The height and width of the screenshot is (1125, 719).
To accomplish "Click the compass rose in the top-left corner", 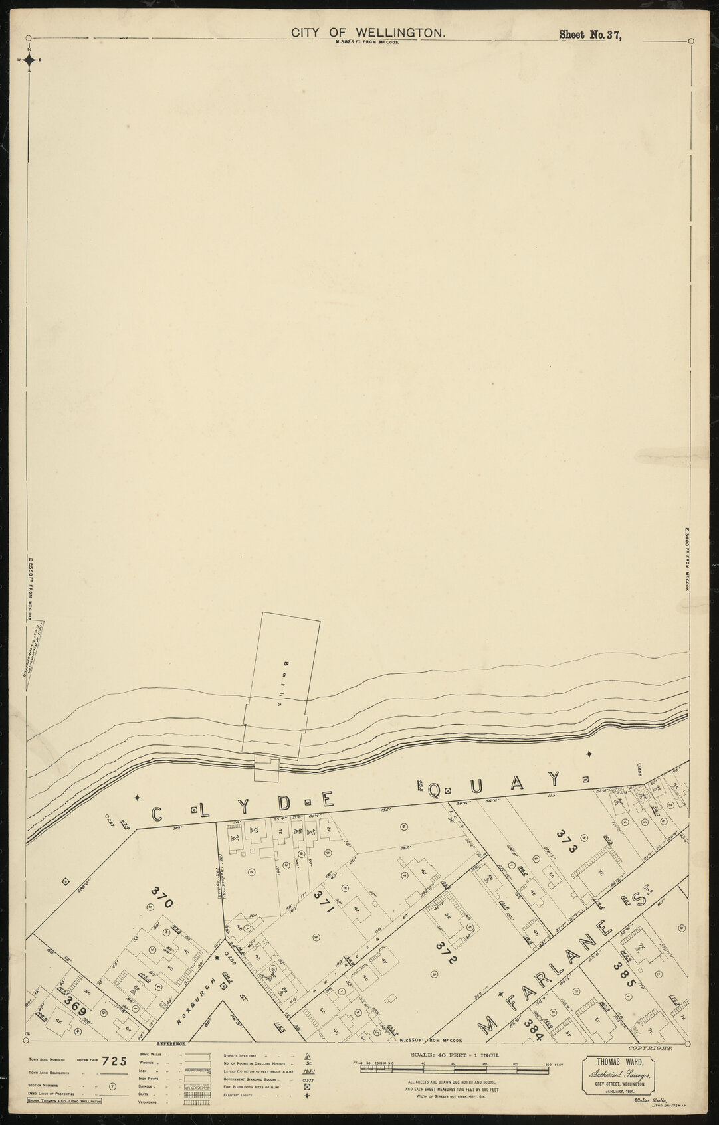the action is coord(30,60).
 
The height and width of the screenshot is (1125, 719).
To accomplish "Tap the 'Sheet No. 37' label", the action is coord(589,35).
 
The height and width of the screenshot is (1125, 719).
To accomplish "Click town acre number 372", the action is coord(446,954).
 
